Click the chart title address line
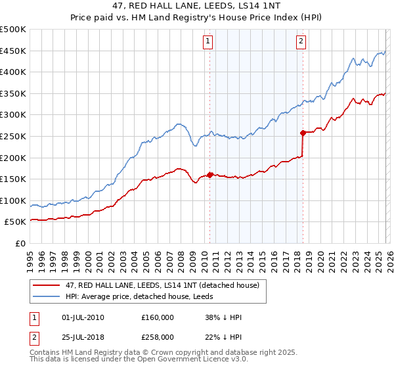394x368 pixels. (x=197, y=7)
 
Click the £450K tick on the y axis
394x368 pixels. (x=13, y=51)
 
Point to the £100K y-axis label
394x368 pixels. (x=13, y=200)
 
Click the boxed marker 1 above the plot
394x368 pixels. (x=208, y=41)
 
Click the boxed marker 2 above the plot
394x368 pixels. (x=301, y=41)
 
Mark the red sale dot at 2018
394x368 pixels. (x=303, y=133)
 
